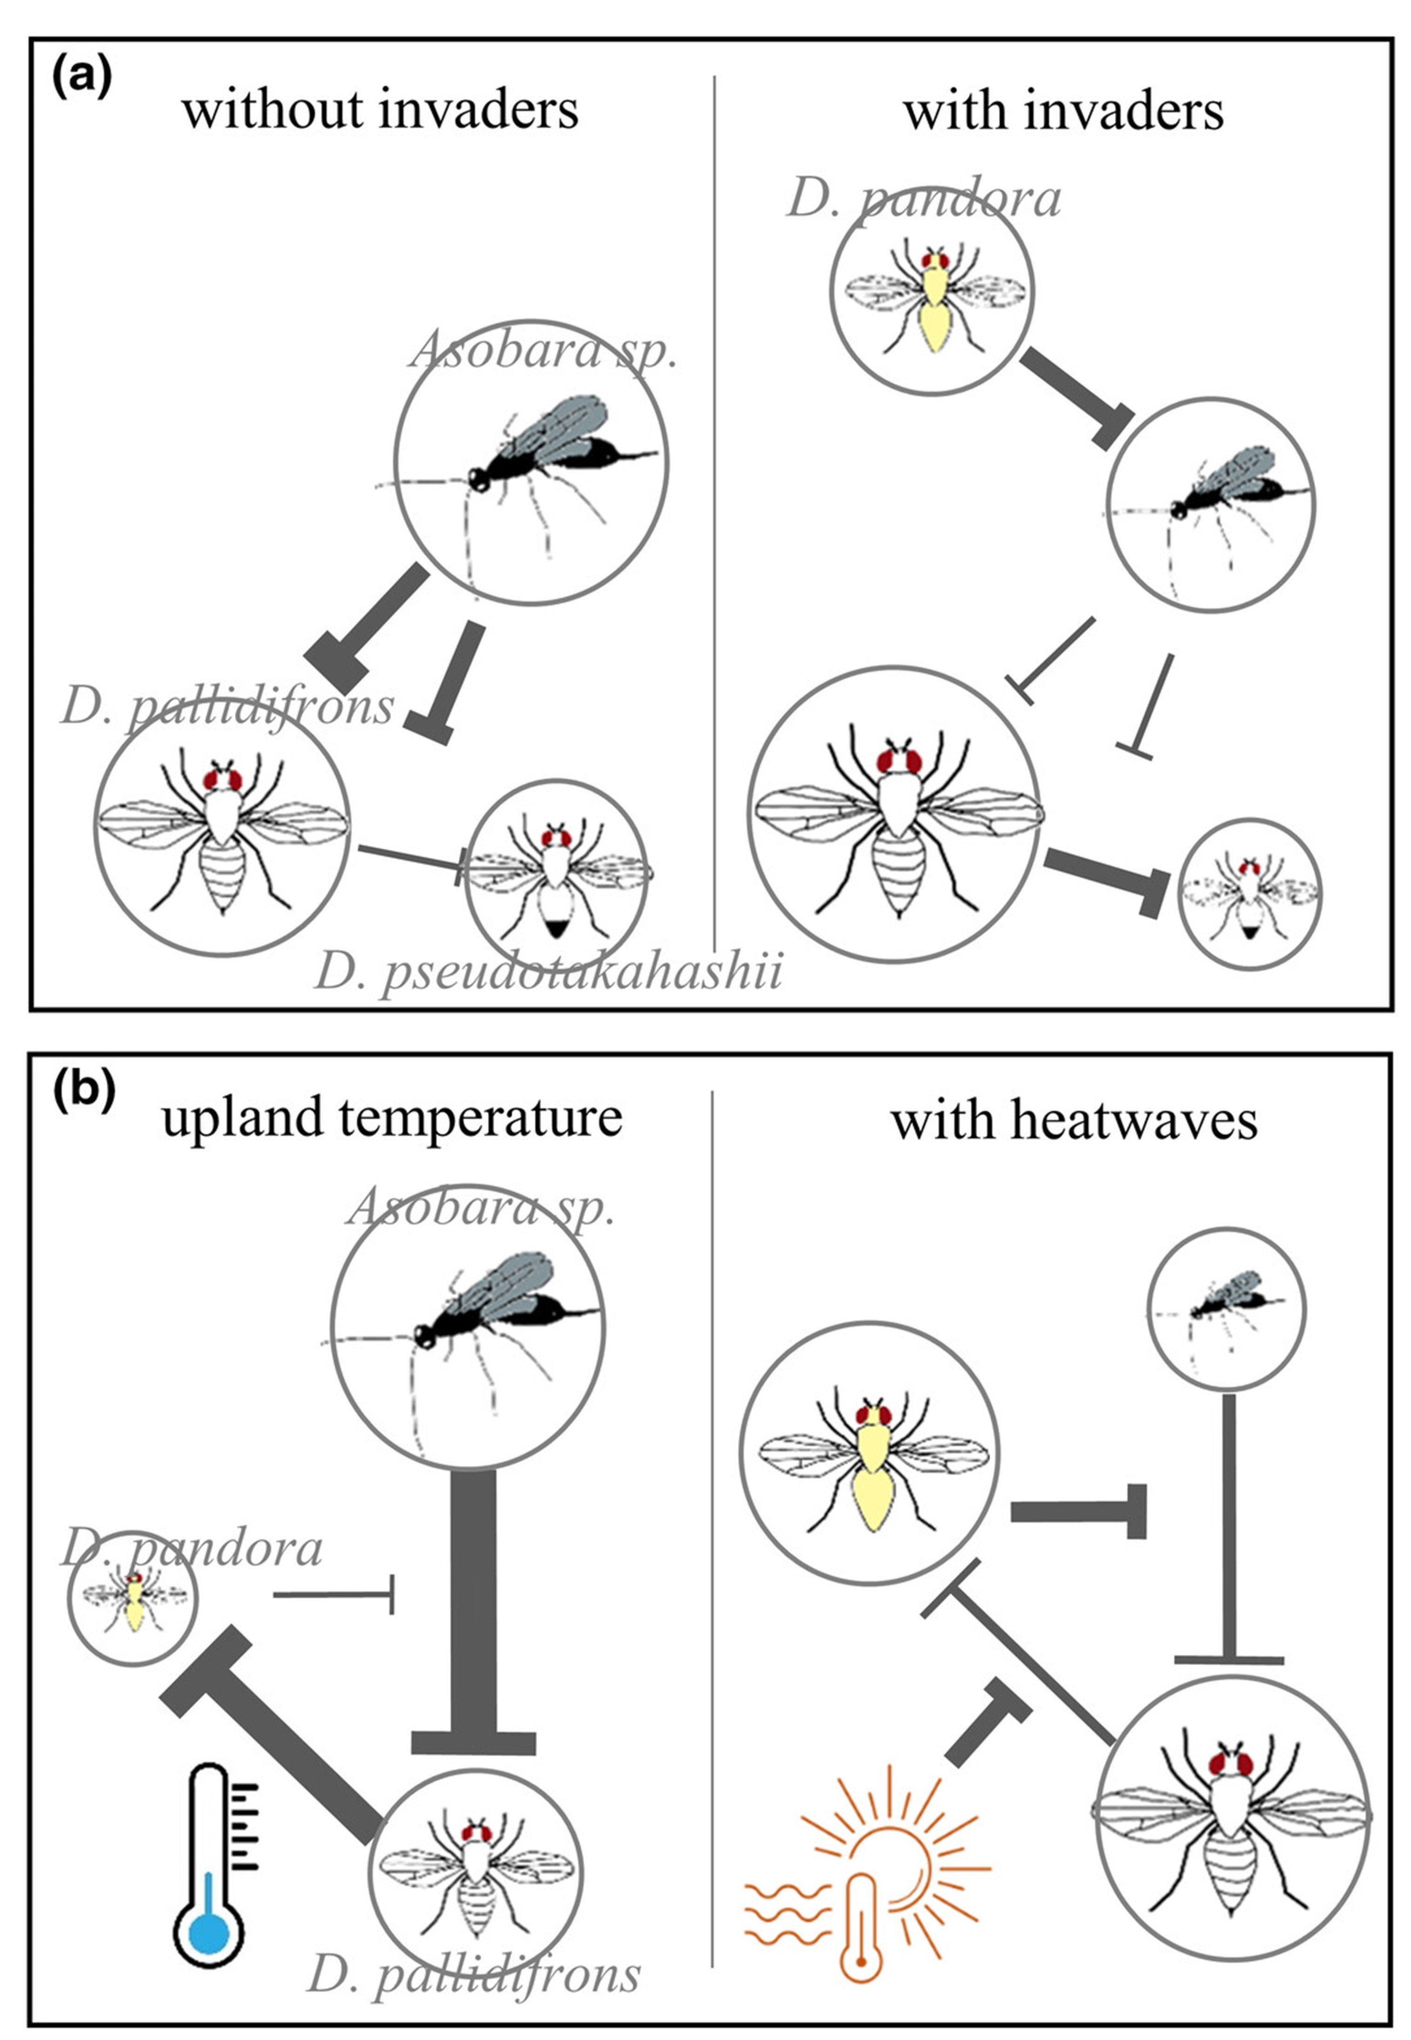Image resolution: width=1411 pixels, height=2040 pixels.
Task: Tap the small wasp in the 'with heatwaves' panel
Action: pos(1225,1307)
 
